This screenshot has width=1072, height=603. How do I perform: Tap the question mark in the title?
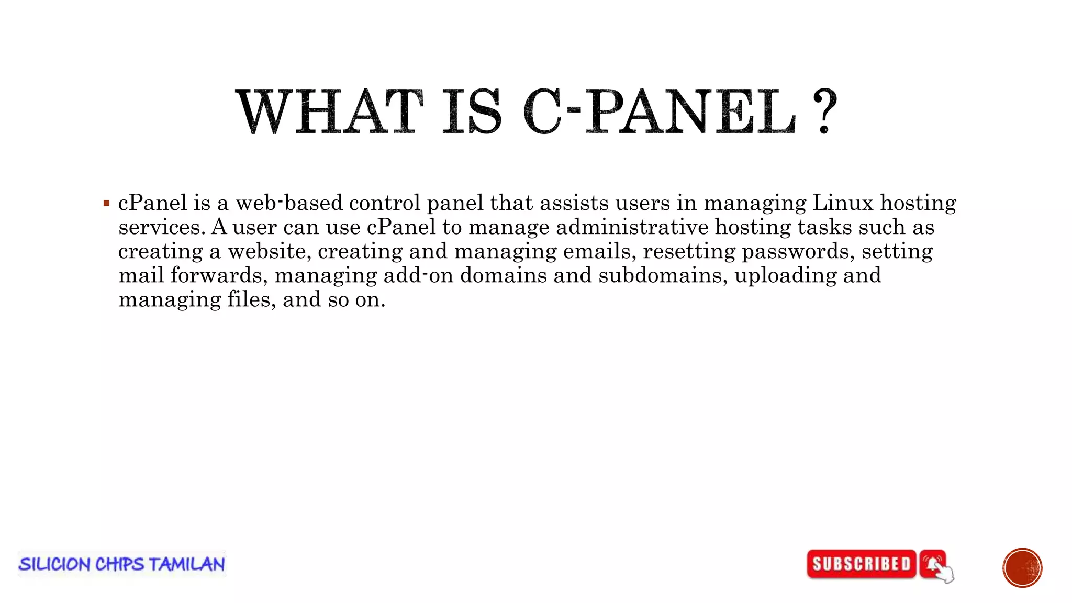coord(824,111)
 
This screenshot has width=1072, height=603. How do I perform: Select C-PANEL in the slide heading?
coord(660,111)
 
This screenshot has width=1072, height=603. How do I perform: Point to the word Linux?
coord(843,203)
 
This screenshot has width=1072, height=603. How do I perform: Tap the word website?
coord(270,251)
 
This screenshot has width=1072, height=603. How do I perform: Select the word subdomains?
coord(663,275)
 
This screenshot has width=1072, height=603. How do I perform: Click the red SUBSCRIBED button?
coord(862,564)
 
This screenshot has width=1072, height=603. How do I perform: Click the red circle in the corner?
coord(1022,568)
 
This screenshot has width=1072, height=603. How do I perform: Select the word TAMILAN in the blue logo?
coord(187,564)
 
